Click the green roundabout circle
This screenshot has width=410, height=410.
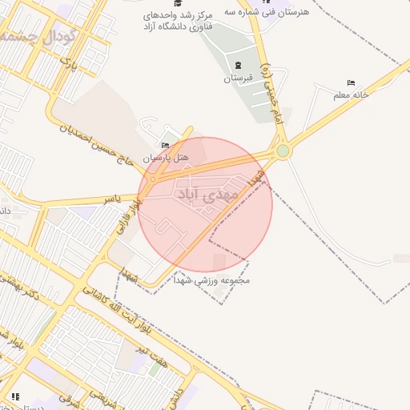point(283,151)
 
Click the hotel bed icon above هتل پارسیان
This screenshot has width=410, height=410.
point(166,145)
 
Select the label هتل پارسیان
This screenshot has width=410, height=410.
point(166,158)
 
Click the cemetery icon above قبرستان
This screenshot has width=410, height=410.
point(238,65)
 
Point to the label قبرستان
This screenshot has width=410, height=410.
point(238,78)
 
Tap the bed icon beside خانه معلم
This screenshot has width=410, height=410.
point(351,82)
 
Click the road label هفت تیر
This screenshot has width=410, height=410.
point(155,353)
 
